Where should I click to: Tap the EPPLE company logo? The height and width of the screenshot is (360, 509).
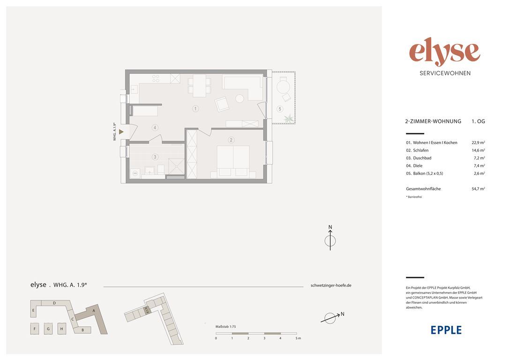point(446,330)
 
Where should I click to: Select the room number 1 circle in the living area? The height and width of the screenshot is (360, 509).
point(195,109)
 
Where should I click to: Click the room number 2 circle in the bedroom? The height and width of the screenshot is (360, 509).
point(231,140)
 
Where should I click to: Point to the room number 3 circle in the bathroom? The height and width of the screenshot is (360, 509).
point(155,157)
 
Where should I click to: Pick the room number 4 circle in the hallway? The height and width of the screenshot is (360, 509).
point(155,127)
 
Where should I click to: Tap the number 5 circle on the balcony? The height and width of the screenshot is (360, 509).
point(280,109)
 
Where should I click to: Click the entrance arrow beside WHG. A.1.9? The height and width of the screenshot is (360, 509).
point(121,132)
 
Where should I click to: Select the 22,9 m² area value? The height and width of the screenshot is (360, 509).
point(479,142)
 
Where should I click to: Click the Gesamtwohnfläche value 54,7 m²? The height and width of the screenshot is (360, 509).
point(479,188)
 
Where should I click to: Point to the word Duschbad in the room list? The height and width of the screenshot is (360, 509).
point(422,158)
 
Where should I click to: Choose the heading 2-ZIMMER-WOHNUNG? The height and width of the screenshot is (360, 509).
point(433,121)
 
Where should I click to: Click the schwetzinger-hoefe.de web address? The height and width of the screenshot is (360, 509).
point(331,285)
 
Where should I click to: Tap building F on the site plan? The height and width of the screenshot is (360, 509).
point(34,329)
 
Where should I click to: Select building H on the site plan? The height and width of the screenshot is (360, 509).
point(62,329)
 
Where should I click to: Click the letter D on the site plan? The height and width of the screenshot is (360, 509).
point(54,303)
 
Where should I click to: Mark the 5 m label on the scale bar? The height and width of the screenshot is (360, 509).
point(299,338)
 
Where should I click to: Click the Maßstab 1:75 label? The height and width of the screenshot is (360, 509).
point(225,327)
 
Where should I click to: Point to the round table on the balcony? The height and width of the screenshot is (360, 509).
point(283,87)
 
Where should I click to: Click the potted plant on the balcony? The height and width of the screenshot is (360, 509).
point(288,118)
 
